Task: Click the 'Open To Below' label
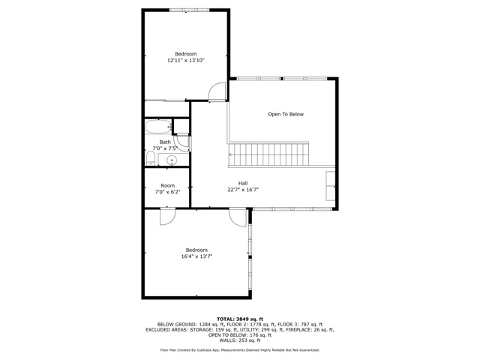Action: click(x=286, y=114)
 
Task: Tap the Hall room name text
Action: click(x=243, y=183)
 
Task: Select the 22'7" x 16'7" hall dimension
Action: click(x=243, y=190)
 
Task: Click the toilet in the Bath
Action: click(x=149, y=158)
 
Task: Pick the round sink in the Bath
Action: click(x=172, y=159)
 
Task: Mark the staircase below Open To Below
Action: click(x=269, y=156)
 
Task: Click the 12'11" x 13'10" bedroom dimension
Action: click(x=185, y=60)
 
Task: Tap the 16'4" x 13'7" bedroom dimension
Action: click(x=197, y=256)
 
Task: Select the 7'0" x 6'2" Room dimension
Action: click(x=167, y=192)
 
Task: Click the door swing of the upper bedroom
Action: click(x=216, y=91)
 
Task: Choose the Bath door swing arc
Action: click(x=182, y=142)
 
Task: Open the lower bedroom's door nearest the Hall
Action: click(x=238, y=217)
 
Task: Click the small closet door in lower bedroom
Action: click(x=167, y=217)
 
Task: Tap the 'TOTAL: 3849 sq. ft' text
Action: click(x=240, y=318)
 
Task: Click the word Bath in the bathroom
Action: click(x=164, y=142)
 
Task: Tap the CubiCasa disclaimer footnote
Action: click(x=240, y=349)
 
